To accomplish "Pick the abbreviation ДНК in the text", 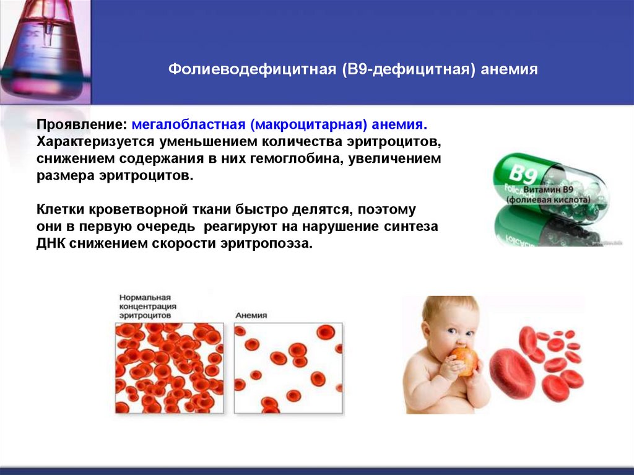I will (50, 243).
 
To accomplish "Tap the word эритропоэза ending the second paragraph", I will (278, 243).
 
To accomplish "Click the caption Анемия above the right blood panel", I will (251, 315).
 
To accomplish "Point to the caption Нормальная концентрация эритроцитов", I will (148, 306).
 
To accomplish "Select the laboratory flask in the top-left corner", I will (42, 50).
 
